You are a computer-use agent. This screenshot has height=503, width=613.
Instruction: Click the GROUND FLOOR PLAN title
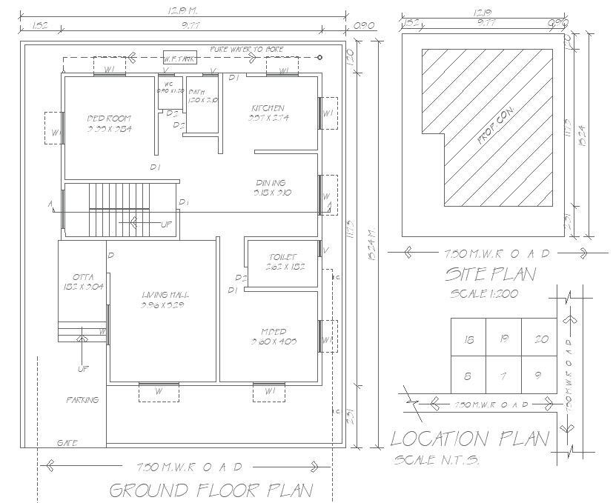[211, 490]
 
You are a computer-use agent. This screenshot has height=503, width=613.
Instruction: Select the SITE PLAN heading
[490, 275]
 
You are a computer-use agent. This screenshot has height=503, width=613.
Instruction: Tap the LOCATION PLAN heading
[470, 439]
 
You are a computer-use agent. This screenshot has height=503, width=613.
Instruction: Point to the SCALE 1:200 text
[484, 293]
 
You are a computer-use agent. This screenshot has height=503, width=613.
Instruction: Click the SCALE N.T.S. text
[437, 460]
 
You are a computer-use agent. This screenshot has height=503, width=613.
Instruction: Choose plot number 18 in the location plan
[468, 340]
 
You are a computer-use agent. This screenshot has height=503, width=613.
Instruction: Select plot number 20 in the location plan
[540, 340]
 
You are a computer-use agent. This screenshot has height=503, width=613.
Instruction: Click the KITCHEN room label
[268, 108]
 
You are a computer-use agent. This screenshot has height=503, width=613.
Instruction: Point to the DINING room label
[271, 183]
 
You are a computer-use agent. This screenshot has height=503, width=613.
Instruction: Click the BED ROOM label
[109, 119]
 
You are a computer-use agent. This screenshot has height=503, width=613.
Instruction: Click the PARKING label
[82, 400]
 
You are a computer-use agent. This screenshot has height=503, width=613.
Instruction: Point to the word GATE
[67, 443]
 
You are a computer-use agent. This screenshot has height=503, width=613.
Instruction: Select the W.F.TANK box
[180, 57]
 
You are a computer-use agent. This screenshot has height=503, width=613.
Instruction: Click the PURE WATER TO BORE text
[246, 49]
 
